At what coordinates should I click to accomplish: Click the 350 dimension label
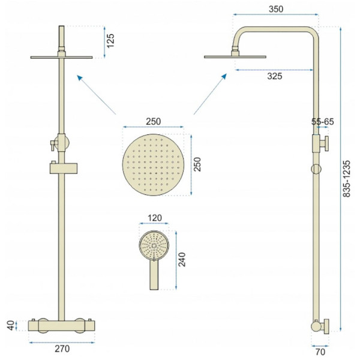tap(276, 9)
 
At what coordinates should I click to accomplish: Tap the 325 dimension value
tap(275, 76)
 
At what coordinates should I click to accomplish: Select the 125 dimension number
tap(110, 41)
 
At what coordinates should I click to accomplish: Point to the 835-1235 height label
tap(347, 179)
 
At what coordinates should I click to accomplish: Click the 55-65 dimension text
tap(323, 122)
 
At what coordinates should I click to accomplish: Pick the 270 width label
tap(62, 349)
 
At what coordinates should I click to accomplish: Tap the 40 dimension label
tap(11, 326)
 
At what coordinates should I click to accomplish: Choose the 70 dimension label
tap(320, 352)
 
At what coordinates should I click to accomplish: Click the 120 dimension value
tap(155, 218)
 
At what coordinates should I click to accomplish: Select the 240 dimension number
tap(182, 259)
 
